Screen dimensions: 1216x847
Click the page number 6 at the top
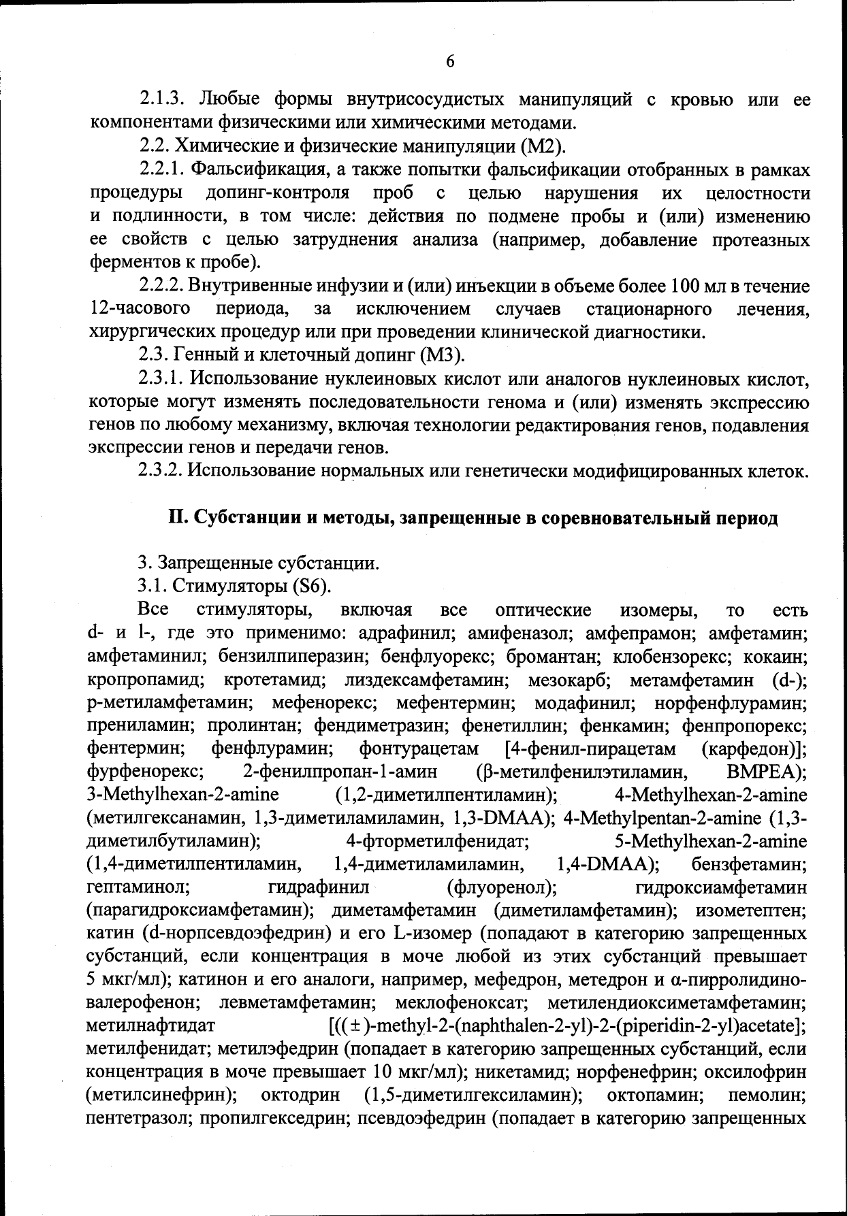tap(449, 61)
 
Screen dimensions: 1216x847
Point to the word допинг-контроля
tap(278, 193)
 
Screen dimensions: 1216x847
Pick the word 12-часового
tap(140, 309)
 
